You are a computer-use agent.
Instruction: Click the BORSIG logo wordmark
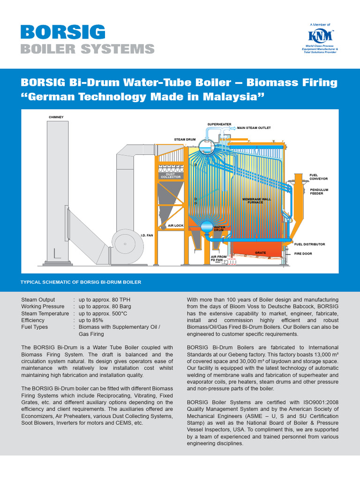(x=63, y=32)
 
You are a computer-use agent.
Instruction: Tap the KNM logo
(x=320, y=36)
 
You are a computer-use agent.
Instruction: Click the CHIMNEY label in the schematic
(x=56, y=117)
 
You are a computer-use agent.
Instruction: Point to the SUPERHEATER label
(x=219, y=124)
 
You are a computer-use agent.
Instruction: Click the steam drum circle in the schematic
(x=205, y=147)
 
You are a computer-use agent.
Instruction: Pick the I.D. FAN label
(x=147, y=236)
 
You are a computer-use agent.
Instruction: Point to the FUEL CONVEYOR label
(x=318, y=177)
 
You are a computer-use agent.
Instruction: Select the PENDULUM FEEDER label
(x=319, y=191)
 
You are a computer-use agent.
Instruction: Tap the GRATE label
(x=260, y=253)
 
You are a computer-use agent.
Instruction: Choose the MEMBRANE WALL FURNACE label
(x=256, y=201)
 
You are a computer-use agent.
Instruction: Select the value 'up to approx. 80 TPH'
(x=101, y=300)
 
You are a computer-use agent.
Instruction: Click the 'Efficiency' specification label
(x=33, y=320)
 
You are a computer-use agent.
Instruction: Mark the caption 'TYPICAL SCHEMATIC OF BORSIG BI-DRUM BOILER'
(x=81, y=282)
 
